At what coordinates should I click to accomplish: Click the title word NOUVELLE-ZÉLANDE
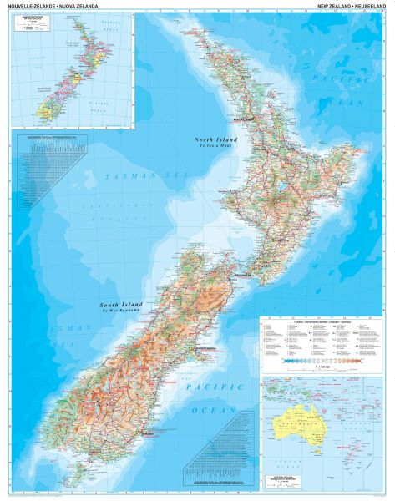tap(23, 5)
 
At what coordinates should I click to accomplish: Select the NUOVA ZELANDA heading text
tap(66, 5)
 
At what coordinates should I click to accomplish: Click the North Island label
tap(215, 139)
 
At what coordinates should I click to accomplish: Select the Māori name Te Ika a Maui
tap(215, 147)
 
